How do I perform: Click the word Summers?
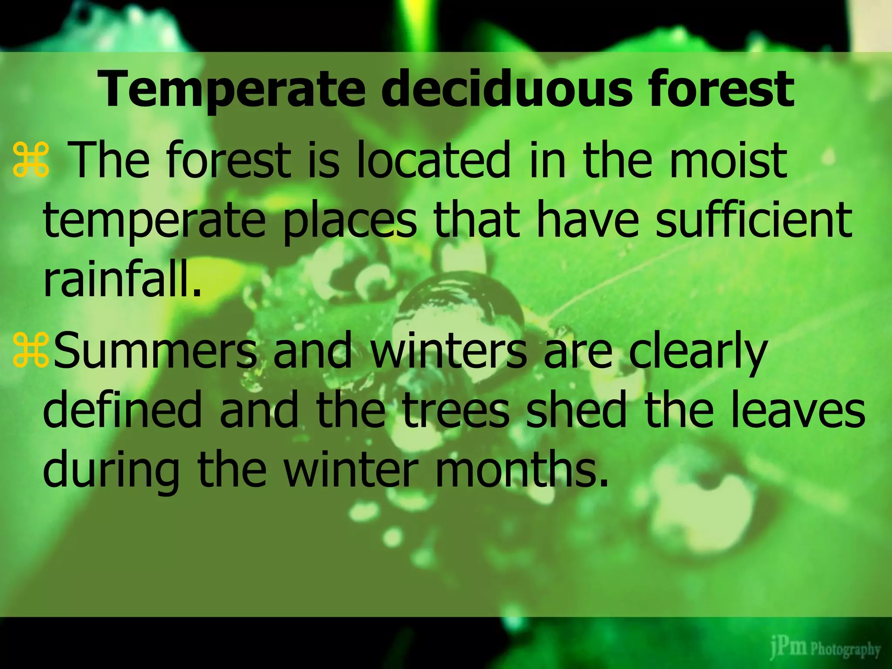[155, 350]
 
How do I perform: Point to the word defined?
[122, 409]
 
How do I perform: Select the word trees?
[455, 409]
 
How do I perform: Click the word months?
[521, 469]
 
